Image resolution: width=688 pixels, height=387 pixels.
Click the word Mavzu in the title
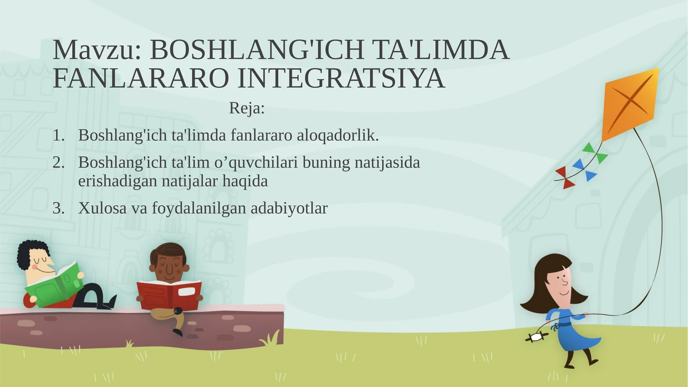pyautogui.click(x=94, y=50)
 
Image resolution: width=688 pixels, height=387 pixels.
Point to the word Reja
pyautogui.click(x=246, y=108)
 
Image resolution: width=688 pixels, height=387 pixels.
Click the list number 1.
pyautogui.click(x=58, y=136)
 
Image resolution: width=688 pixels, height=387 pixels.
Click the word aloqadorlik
pyautogui.click(x=338, y=136)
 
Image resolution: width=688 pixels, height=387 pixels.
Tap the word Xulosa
pyautogui.click(x=102, y=208)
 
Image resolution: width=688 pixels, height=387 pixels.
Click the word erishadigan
pyautogui.click(x=117, y=181)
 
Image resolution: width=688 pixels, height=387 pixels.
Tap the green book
pyautogui.click(x=54, y=285)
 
